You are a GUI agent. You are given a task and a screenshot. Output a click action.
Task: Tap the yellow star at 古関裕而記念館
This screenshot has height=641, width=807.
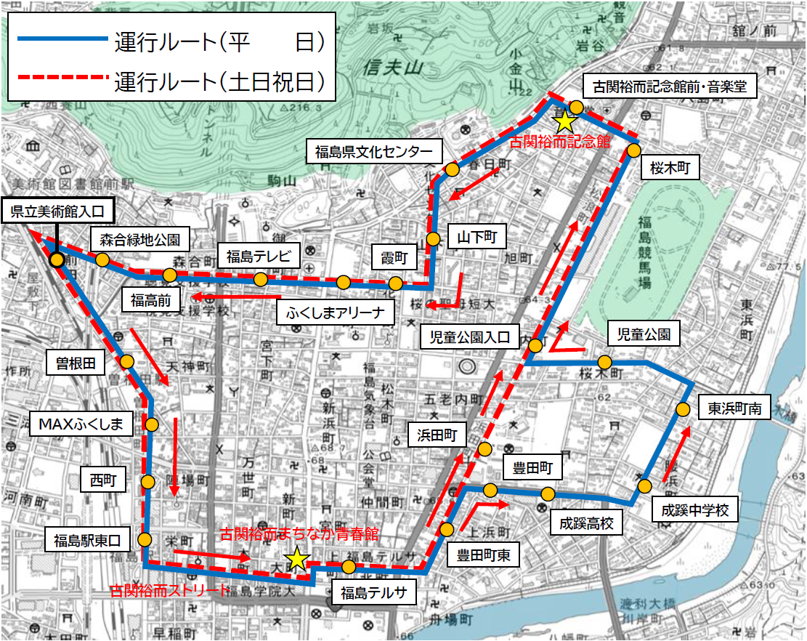point(564,120)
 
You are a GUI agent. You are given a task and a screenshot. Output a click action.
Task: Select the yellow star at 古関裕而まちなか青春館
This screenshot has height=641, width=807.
point(296,558)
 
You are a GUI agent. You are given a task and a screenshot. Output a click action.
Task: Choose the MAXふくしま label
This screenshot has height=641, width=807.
point(81,424)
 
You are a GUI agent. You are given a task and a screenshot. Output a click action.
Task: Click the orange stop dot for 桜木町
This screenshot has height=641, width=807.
point(633,150)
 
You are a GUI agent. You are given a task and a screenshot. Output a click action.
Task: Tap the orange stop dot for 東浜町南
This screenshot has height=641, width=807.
point(683,409)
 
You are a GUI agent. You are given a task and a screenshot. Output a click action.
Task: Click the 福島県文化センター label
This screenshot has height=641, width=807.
point(374,152)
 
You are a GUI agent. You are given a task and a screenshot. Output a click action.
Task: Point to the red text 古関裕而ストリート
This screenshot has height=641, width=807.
point(168,590)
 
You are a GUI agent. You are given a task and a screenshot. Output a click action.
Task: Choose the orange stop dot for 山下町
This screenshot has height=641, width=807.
point(434,238)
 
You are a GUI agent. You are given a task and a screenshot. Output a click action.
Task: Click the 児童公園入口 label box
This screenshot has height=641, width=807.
point(469,337)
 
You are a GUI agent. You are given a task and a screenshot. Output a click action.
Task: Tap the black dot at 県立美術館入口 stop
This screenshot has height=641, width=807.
point(56,259)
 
